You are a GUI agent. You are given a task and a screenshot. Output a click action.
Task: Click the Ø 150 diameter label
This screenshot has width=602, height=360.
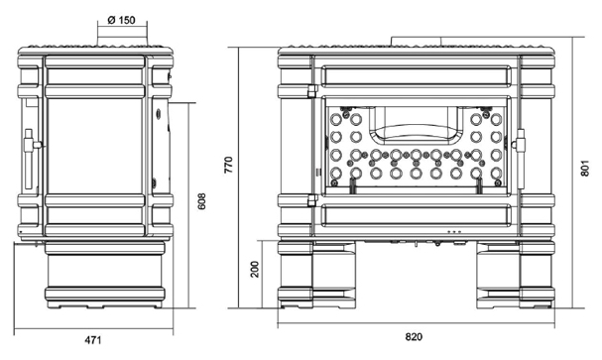tap(121, 20)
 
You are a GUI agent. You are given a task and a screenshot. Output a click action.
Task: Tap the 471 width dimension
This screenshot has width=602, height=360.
tap(93, 340)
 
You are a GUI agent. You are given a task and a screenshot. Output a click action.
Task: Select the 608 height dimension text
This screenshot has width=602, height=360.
tap(201, 200)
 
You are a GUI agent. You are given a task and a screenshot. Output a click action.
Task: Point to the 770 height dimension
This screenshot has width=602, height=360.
tap(228, 165)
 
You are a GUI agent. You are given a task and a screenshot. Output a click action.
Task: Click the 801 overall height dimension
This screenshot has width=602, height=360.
tap(585, 168)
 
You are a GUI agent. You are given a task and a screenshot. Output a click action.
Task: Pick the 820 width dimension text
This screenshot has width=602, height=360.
tap(414, 337)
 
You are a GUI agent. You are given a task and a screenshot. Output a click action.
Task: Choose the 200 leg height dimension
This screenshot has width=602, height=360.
tap(255, 269)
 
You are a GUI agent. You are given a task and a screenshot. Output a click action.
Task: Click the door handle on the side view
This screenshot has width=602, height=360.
tap(30, 159)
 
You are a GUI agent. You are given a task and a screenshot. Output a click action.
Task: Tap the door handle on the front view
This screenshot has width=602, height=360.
tap(520, 158)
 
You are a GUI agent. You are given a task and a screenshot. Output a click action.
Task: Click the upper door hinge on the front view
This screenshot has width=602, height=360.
tap(311, 91)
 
